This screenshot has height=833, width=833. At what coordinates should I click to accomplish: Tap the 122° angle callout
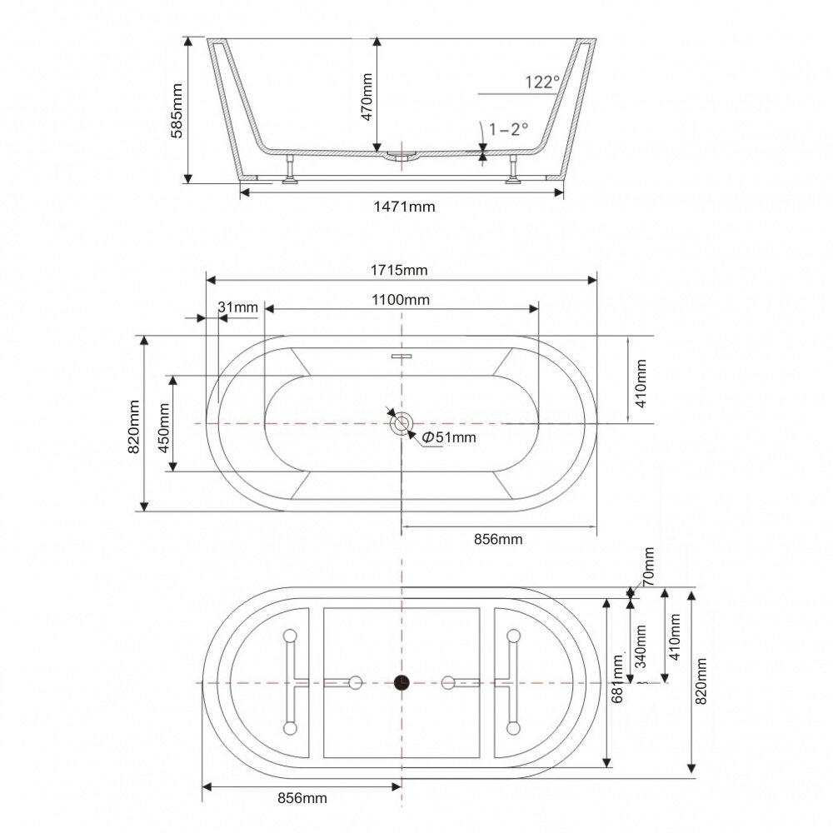[x=541, y=82]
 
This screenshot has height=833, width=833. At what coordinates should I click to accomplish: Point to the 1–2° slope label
[x=509, y=129]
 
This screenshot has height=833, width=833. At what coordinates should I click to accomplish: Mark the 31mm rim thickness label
[x=238, y=307]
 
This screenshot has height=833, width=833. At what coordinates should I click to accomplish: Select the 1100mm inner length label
[x=402, y=298]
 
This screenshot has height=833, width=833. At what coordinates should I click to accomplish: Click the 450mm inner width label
[x=163, y=424]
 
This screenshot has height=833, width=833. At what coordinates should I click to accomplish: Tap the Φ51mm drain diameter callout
[x=449, y=436]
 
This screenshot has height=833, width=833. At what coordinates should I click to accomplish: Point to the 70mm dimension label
[x=649, y=565]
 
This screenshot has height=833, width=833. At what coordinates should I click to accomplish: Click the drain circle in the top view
[x=402, y=423]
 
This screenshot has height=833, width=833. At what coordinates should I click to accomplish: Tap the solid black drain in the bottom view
[x=402, y=682]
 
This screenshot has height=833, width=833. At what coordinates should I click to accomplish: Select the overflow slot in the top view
[x=402, y=356]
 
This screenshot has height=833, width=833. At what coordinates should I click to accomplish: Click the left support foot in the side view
[x=290, y=169]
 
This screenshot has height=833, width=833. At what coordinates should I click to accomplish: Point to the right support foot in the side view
[x=513, y=169]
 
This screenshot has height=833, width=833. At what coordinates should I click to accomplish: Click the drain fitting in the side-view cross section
[x=402, y=156]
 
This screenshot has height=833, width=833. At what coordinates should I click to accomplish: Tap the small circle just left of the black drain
[x=356, y=682]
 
